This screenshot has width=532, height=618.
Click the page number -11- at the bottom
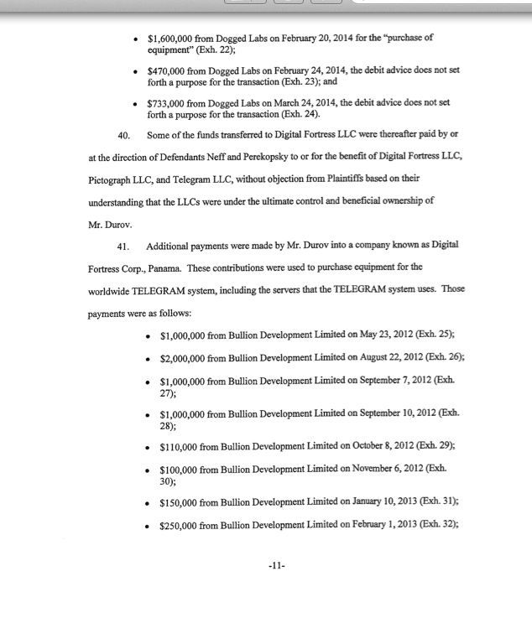click(x=276, y=566)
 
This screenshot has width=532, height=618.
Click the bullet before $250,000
click(x=148, y=527)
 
